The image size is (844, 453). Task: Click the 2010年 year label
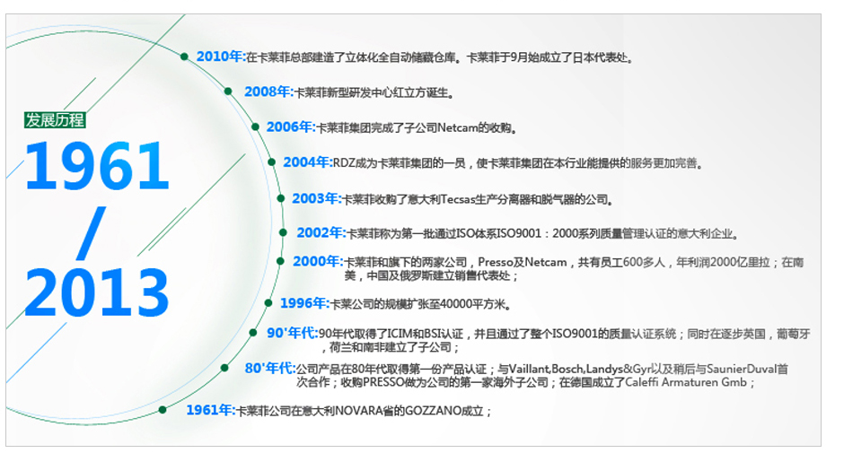(221, 57)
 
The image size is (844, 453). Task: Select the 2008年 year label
(269, 92)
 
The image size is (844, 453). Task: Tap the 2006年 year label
(291, 127)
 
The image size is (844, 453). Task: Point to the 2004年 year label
(308, 162)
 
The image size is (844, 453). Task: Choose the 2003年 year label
(316, 198)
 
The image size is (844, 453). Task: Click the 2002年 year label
(321, 233)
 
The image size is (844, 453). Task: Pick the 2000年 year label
(318, 261)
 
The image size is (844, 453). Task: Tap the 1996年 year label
(304, 303)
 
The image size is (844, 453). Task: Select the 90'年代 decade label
(293, 333)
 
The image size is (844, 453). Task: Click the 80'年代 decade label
(270, 369)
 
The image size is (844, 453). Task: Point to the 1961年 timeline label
(211, 411)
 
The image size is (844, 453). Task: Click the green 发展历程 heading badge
(55, 120)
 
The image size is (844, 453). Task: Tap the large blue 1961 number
(97, 166)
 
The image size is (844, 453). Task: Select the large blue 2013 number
(97, 292)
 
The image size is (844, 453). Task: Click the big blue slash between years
(91, 233)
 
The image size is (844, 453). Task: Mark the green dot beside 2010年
(184, 57)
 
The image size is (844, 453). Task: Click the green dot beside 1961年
(163, 410)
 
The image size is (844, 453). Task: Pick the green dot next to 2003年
(280, 198)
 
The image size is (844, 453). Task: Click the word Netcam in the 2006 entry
(458, 128)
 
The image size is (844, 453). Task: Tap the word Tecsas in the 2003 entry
(458, 200)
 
